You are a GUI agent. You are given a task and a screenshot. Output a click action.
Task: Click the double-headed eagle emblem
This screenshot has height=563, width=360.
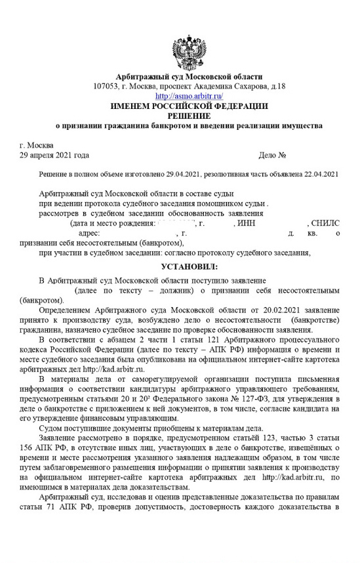point(188,51)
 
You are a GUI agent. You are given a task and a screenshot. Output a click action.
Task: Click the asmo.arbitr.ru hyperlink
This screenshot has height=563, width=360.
point(189,96)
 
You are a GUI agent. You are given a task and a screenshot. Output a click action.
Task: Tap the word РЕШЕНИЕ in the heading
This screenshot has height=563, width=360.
point(189,115)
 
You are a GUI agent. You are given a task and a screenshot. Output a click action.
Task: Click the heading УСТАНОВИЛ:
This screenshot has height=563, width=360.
point(189,268)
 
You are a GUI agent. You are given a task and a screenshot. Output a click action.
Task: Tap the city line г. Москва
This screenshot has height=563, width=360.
point(37,145)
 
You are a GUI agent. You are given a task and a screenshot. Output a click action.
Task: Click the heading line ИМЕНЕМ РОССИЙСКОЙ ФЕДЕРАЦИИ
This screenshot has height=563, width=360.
point(189,106)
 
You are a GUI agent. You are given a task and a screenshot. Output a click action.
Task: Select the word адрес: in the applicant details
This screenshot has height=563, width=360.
point(89,233)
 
